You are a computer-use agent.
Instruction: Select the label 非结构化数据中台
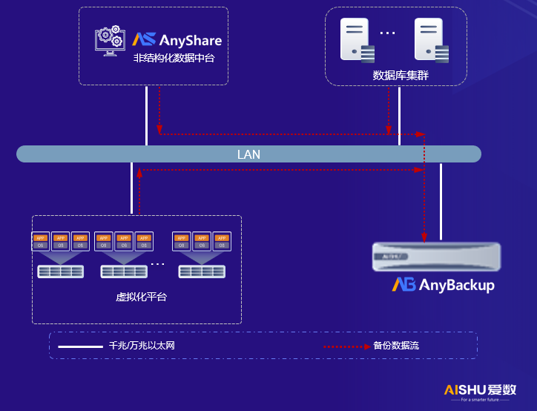coord(174,58)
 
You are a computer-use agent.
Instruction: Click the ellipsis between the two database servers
coord(388,33)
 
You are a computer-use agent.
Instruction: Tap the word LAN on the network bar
coord(248,154)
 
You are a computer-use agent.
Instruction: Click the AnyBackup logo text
coord(443,285)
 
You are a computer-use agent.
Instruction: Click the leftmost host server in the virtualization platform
coord(61,271)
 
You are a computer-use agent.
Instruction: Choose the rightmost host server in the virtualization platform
coord(202,271)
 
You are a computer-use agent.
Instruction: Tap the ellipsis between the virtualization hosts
coord(158,263)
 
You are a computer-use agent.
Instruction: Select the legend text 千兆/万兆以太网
coord(141,346)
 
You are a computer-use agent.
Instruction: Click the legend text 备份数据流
coord(397,346)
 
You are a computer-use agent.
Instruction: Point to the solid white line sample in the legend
coord(80,346)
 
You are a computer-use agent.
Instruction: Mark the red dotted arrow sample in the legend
coord(346,346)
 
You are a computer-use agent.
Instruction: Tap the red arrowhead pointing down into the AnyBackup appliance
coord(424,238)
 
